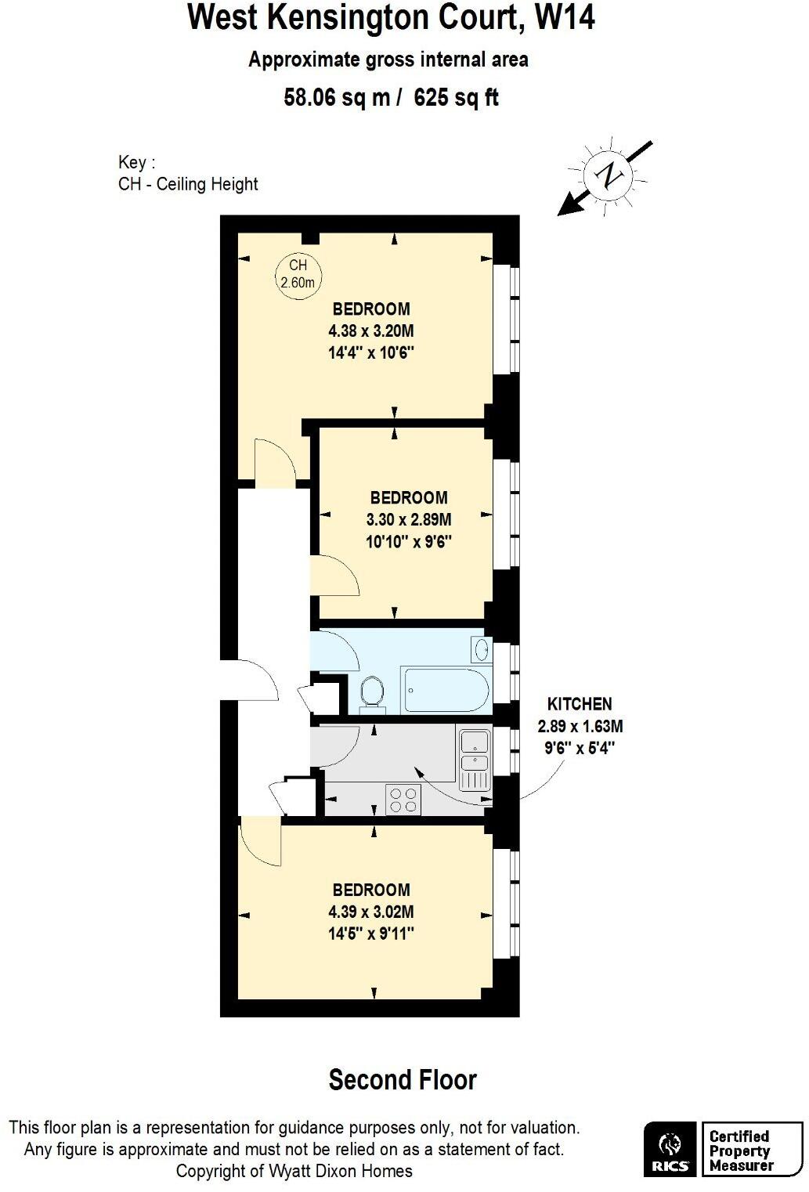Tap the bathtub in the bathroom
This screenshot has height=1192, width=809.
tap(445, 690)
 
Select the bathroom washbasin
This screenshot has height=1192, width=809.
tap(481, 649)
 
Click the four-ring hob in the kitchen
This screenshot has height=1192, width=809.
tap(403, 799)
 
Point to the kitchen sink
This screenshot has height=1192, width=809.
tap(475, 751)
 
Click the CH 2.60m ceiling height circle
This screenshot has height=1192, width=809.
tap(298, 275)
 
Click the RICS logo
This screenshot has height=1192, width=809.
tap(670, 1148)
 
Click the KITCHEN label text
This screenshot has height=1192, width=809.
tap(580, 704)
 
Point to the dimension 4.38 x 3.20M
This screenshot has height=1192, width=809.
tap(371, 331)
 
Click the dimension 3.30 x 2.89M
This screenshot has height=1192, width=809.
tap(409, 519)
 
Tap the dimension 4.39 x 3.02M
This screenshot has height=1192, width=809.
tap(371, 912)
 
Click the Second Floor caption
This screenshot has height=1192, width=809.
tap(403, 1080)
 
